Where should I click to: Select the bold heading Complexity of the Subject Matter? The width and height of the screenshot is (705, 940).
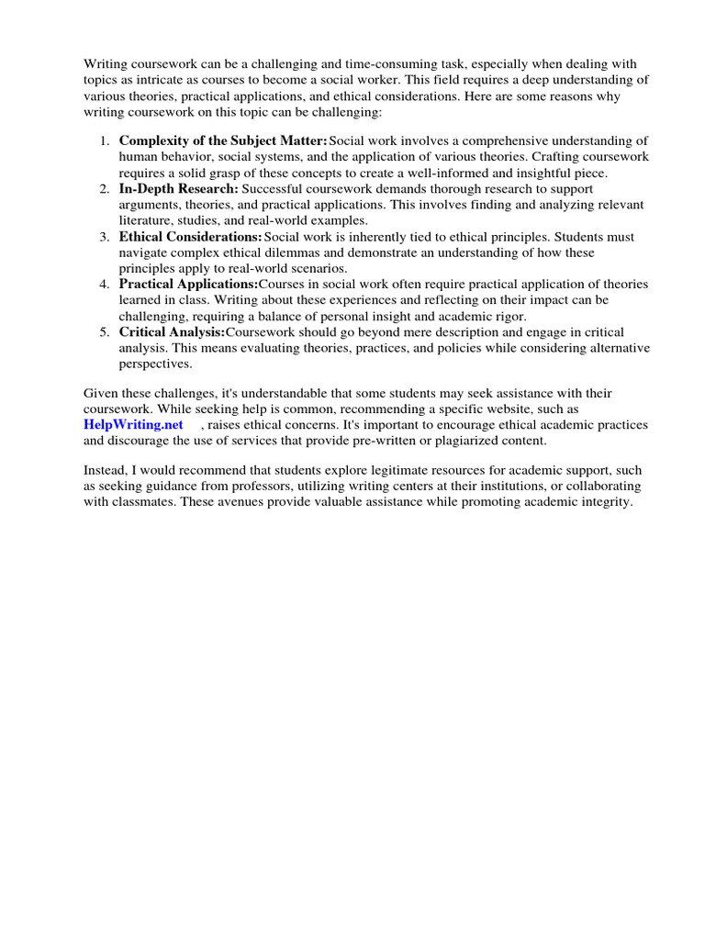coord(223,140)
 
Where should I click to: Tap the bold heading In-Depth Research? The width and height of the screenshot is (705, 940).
coord(179,188)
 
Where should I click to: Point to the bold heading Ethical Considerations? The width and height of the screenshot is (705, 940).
coord(190,236)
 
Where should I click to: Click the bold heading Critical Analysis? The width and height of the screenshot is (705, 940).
coord(172,332)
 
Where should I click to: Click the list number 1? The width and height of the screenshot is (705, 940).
coord(104,140)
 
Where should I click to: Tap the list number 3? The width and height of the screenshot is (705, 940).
coord(104,236)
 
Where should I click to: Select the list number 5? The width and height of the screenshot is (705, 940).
coord(104,332)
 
